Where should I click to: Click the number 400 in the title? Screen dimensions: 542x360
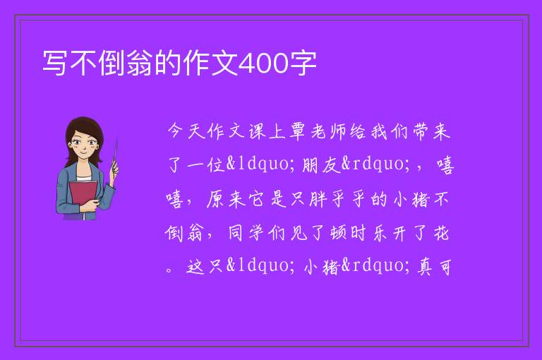click(x=263, y=64)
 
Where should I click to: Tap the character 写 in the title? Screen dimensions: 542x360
click(x=55, y=63)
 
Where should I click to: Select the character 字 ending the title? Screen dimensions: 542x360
click(x=303, y=63)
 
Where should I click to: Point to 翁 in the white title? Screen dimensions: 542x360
click(x=139, y=63)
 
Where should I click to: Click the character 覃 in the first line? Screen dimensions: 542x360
click(x=297, y=131)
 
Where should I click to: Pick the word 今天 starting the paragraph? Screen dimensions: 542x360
click(x=187, y=131)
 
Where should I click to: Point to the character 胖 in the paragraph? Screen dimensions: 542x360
click(x=318, y=200)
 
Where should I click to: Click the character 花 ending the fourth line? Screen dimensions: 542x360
click(x=441, y=233)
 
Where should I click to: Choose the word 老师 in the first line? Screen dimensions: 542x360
click(x=328, y=131)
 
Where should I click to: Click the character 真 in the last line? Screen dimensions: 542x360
click(x=424, y=268)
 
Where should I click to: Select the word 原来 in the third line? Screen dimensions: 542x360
click(x=226, y=200)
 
